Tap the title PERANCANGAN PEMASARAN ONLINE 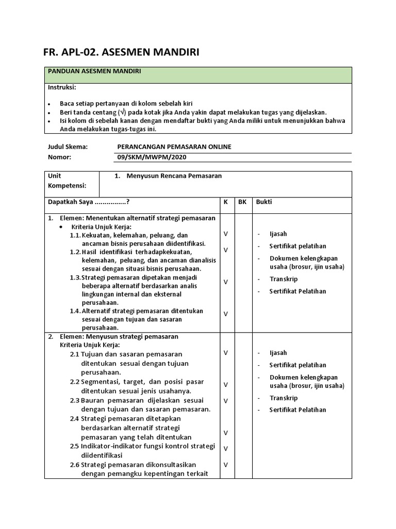tap(174, 147)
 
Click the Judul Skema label tap(68, 147)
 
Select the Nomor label tap(59, 157)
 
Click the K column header tap(225, 202)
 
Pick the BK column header tap(242, 202)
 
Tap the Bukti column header tap(263, 202)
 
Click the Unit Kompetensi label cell tap(67, 180)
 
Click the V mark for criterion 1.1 tap(225, 234)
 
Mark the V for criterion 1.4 tap(225, 314)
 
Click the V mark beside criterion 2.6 tap(225, 464)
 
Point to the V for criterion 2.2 tap(225, 384)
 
